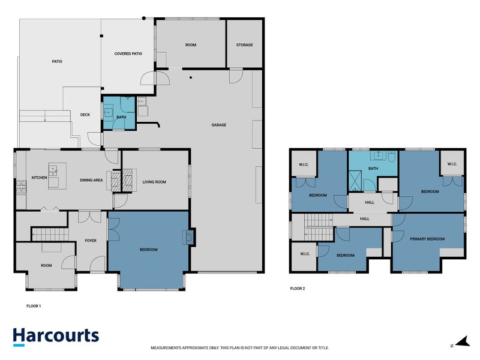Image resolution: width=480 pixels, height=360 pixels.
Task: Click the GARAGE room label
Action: tap(218, 125)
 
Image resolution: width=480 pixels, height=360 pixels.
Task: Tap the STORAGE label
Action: tap(244, 45)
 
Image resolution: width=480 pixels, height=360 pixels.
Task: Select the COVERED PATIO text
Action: tap(128, 53)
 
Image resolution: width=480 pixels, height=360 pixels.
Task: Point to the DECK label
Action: tap(85, 115)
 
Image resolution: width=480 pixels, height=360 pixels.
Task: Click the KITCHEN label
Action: tap(40, 178)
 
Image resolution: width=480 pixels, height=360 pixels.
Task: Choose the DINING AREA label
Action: tap(91, 180)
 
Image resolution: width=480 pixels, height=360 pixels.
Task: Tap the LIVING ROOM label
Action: tap(154, 182)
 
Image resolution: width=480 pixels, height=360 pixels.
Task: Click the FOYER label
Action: tap(91, 241)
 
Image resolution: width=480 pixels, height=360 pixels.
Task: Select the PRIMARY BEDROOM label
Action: tap(427, 239)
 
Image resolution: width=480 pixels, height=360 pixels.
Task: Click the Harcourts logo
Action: tap(56, 337)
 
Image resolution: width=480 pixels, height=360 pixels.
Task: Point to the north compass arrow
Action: tap(462, 341)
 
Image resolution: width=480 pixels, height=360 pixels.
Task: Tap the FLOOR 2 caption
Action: tap(298, 289)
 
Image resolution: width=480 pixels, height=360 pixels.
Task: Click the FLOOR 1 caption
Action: tap(34, 306)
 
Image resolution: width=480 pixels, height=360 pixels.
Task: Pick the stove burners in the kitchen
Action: tap(21, 187)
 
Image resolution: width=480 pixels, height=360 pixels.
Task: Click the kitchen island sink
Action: tap(53, 171)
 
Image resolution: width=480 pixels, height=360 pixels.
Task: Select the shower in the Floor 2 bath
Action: tap(355, 181)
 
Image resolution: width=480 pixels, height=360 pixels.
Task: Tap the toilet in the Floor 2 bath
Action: tap(392, 157)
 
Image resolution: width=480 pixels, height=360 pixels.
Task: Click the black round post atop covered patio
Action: tap(144, 19)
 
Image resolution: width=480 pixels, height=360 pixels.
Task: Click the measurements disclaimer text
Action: tap(239, 348)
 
